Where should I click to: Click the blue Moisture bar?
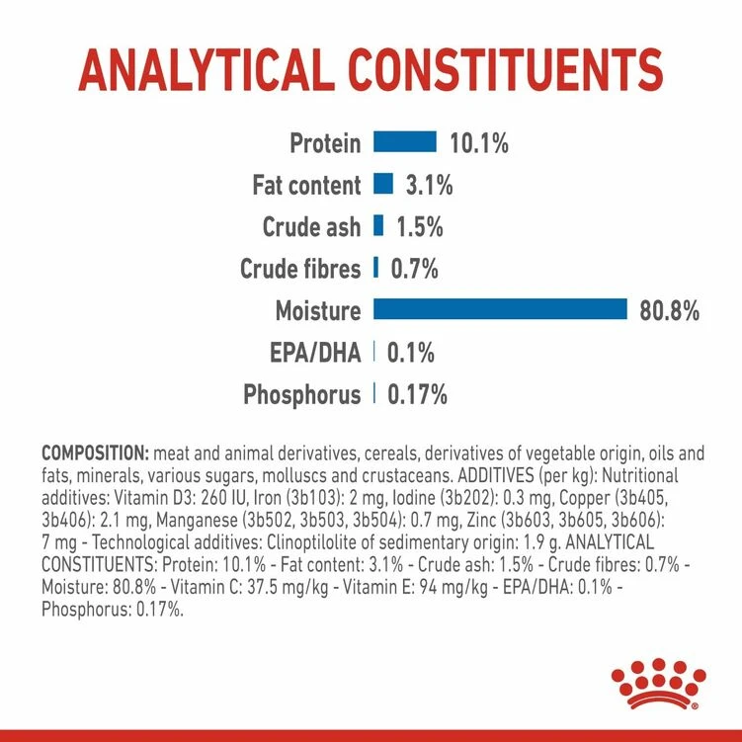(500, 310)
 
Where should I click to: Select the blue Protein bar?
(404, 142)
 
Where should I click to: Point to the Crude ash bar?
(378, 226)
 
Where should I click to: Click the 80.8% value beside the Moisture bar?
(669, 311)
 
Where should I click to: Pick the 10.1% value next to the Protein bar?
(479, 143)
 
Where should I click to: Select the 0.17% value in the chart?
(418, 395)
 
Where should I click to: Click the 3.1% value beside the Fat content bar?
(429, 185)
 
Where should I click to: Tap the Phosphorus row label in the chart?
(301, 395)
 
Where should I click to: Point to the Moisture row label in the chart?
(318, 311)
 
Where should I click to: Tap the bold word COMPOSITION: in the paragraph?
(95, 453)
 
